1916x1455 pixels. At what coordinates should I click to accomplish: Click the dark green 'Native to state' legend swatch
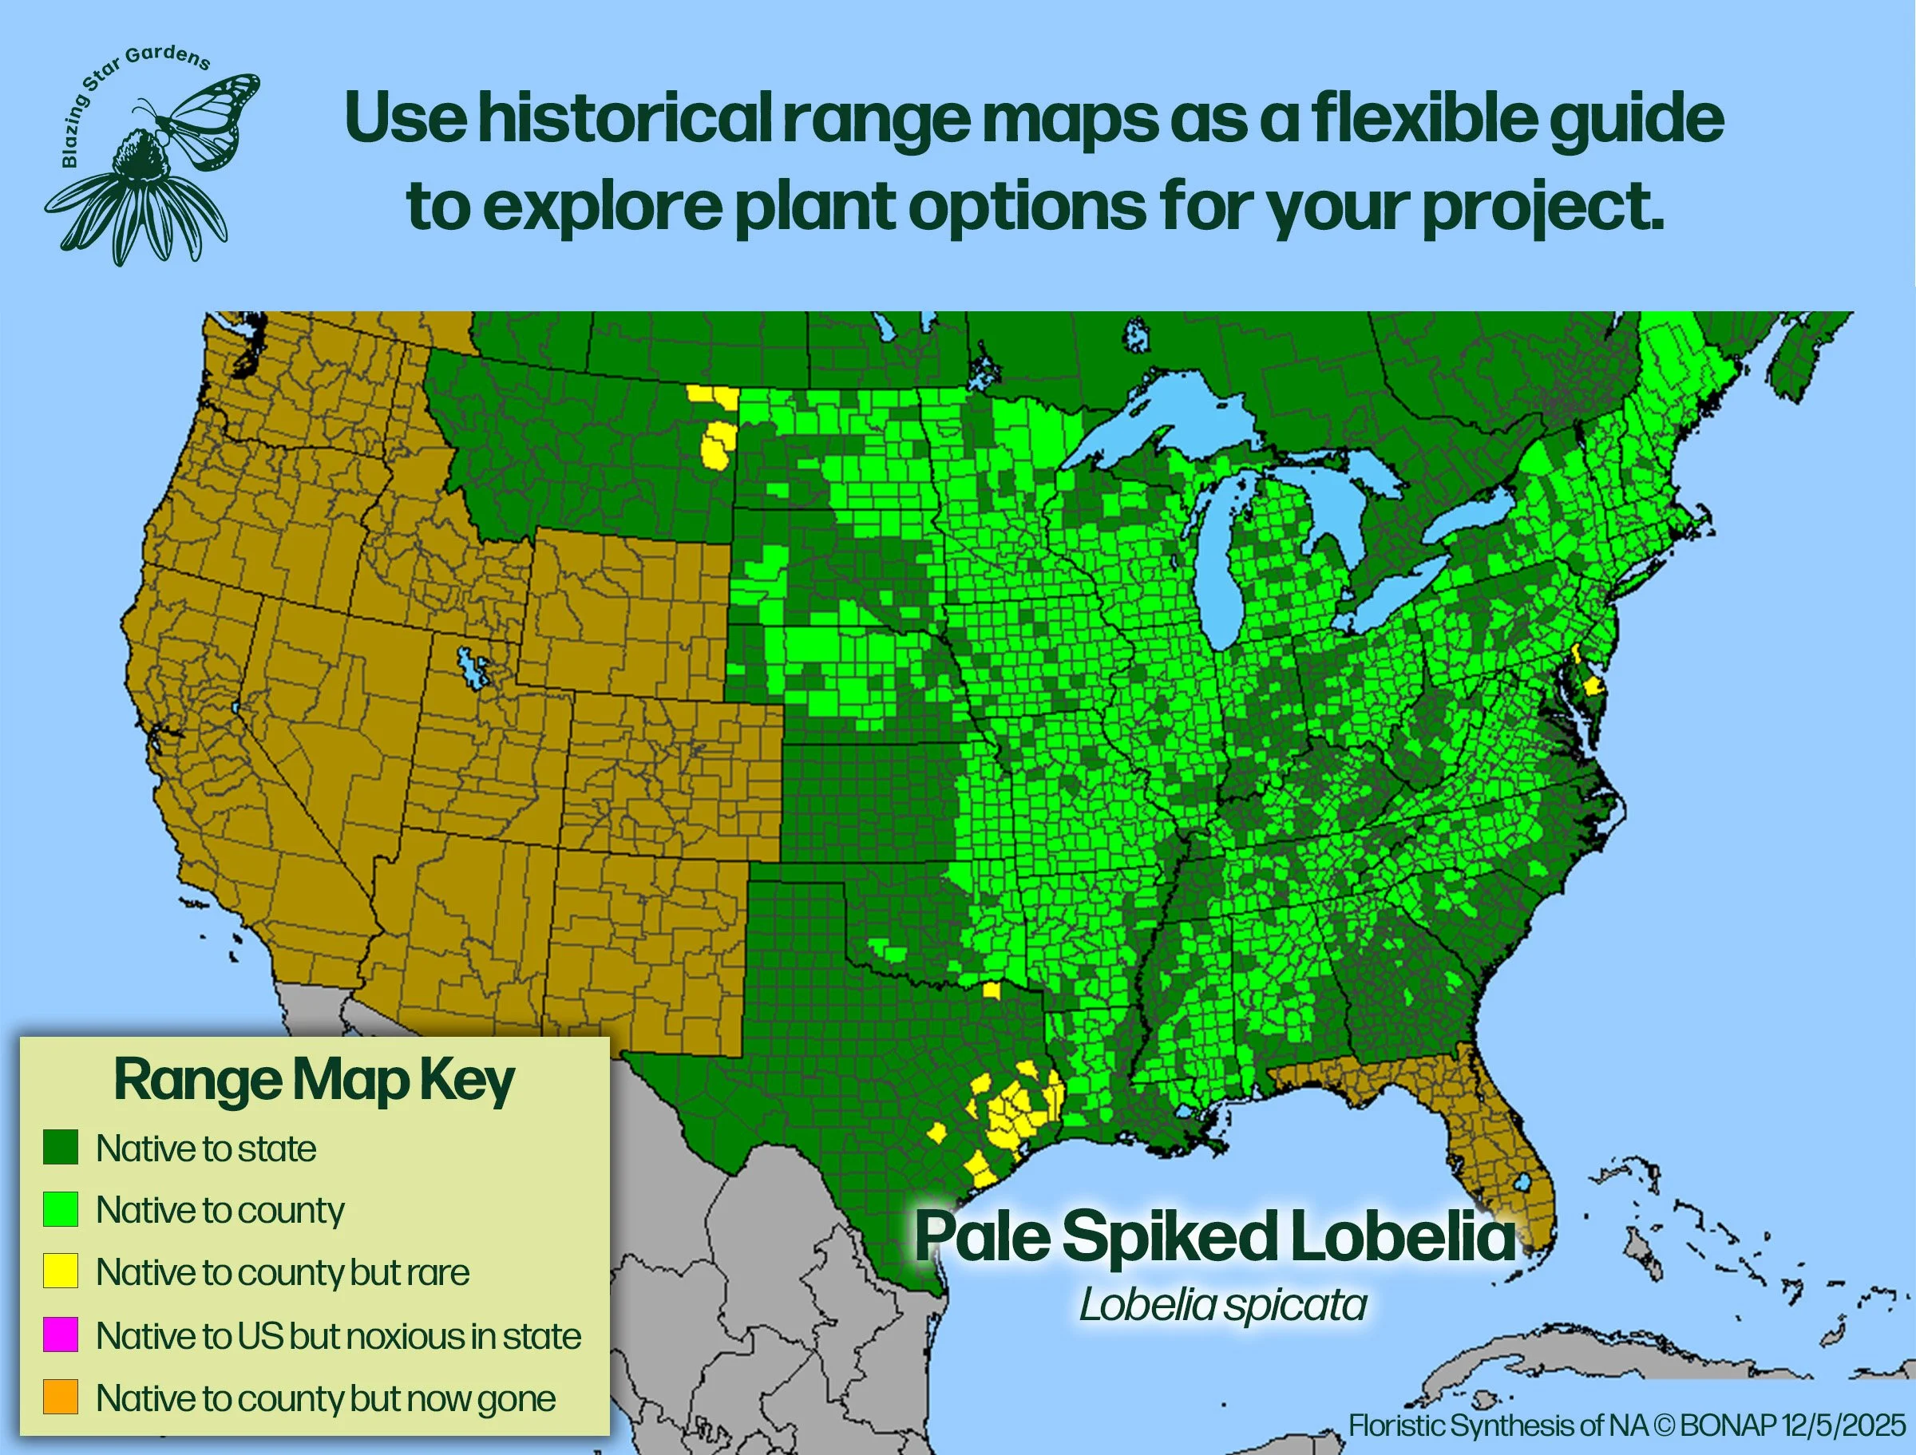[61, 1147]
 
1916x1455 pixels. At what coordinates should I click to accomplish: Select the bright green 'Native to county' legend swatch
[61, 1209]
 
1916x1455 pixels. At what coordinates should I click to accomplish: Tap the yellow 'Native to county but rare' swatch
[61, 1271]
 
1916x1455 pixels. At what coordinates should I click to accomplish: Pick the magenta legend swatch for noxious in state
[61, 1334]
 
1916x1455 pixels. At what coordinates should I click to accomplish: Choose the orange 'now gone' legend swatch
[61, 1397]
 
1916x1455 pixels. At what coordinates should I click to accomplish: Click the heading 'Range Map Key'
[314, 1081]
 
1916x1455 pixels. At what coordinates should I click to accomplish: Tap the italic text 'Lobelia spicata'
[1222, 1305]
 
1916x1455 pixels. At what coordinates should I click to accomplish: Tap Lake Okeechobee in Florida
[1521, 1182]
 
